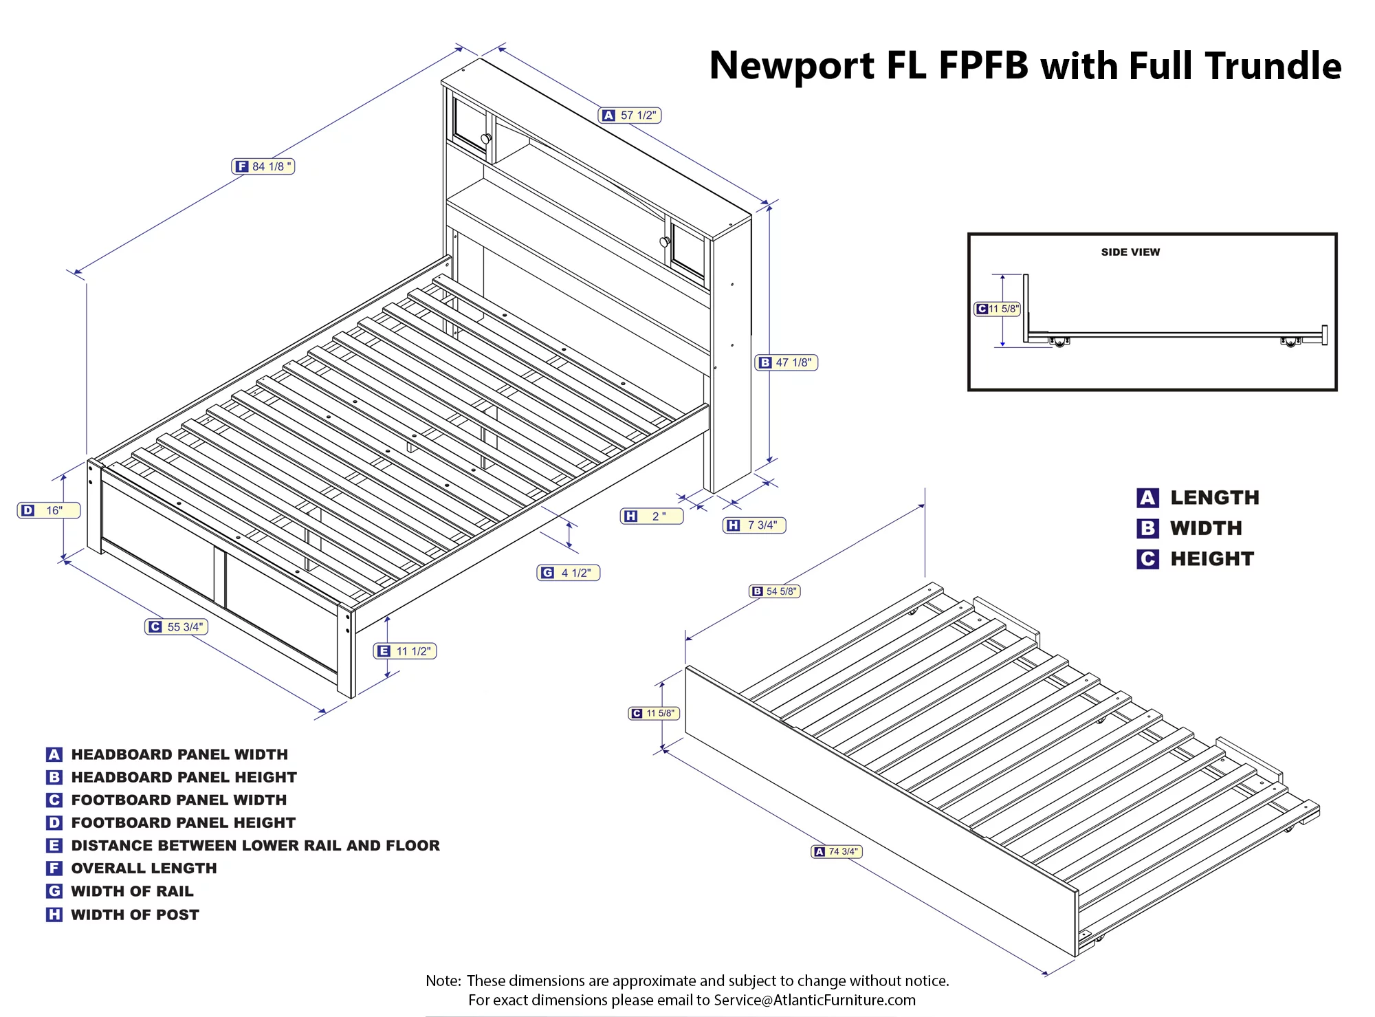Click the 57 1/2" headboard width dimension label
(630, 116)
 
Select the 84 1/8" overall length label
(263, 166)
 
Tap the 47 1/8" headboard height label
(786, 362)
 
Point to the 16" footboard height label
(48, 510)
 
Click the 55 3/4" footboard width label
(176, 626)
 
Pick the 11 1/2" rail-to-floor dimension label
(405, 650)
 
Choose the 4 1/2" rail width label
(568, 573)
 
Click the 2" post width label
(651, 516)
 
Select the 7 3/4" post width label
(753, 525)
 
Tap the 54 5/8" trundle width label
(774, 591)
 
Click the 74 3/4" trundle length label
(837, 851)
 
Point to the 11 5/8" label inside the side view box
(997, 309)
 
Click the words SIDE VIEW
(1130, 252)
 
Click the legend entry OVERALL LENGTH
(144, 868)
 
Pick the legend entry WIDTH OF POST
(135, 915)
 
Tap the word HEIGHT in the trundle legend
(1212, 559)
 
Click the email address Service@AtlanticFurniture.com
(815, 1000)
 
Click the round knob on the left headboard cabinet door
(485, 139)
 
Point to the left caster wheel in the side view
(1059, 342)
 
